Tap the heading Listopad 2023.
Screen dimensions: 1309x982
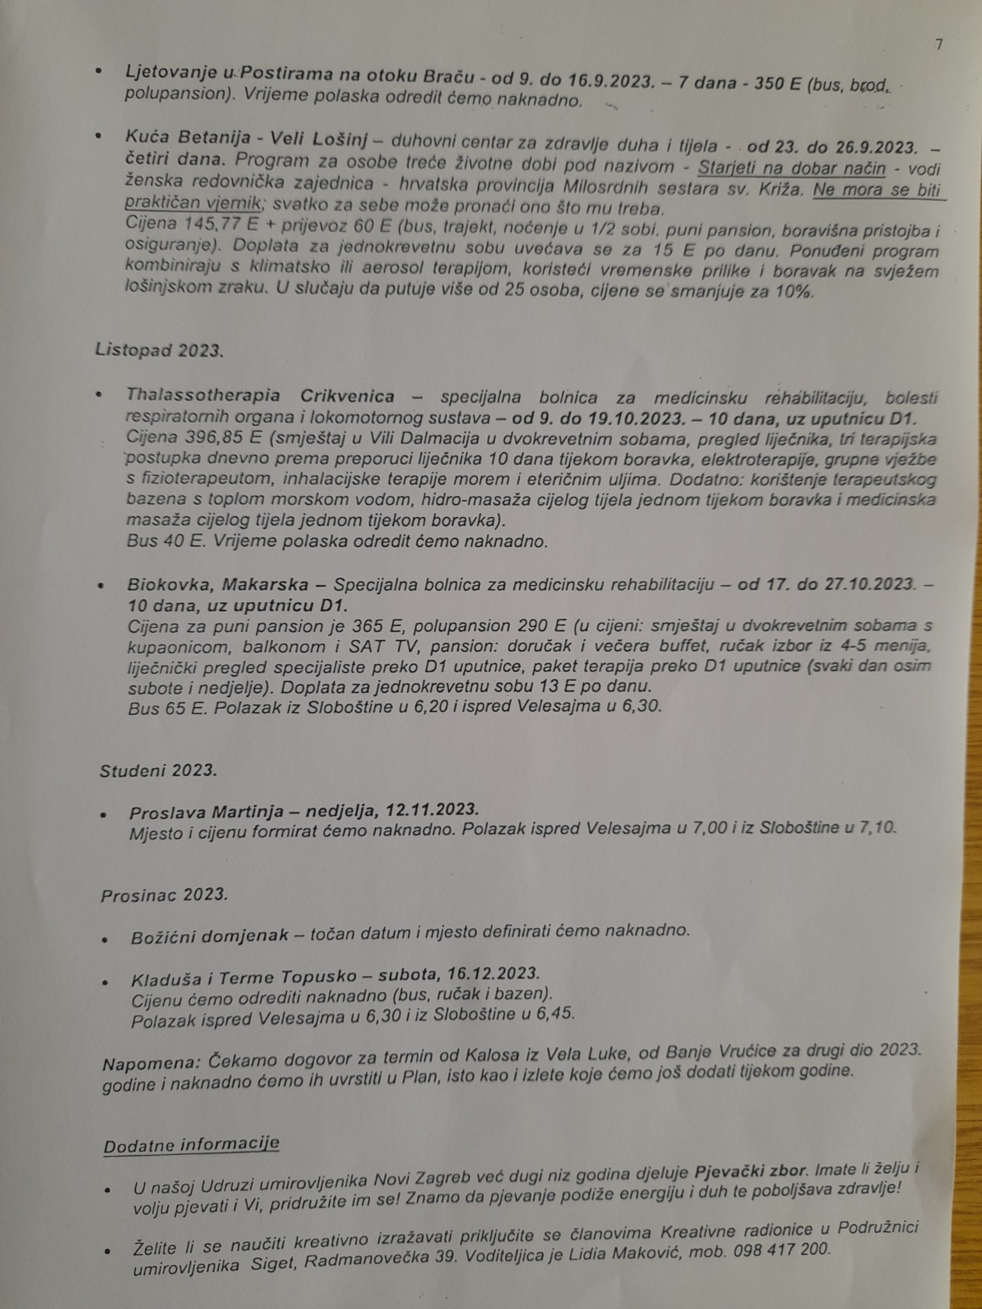[x=159, y=350]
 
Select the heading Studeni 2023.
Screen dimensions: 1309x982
[x=158, y=771]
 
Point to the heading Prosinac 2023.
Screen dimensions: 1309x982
[x=164, y=895]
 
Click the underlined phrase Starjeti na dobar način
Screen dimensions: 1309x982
[x=791, y=168]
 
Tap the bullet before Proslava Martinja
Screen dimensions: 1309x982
[x=104, y=816]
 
